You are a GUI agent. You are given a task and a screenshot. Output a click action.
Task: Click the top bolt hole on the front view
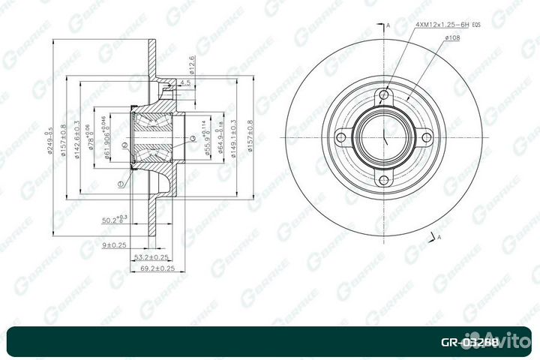point(385,94)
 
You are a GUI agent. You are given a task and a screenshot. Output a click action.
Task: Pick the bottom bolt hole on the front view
point(385,180)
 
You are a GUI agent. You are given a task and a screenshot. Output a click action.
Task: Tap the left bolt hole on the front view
point(342,137)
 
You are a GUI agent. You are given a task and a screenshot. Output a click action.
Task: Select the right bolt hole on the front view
point(427,137)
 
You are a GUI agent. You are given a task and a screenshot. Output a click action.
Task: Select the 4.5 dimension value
point(185,82)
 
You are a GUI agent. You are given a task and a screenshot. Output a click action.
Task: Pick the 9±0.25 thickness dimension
point(113,244)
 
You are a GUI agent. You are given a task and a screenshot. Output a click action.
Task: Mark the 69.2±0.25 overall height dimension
point(157,268)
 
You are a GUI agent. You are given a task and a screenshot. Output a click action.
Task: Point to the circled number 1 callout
point(121,182)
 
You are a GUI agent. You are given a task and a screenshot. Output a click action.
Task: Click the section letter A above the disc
point(388,27)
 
